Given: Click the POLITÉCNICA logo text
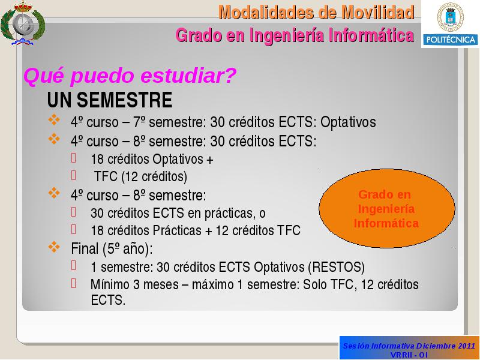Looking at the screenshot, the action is (x=451, y=40).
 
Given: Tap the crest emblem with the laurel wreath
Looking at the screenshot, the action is (x=23, y=23).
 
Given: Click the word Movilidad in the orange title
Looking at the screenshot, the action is (x=378, y=13).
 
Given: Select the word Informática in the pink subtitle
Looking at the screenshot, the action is (x=371, y=35).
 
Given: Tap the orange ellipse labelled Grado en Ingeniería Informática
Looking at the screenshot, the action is (x=386, y=208).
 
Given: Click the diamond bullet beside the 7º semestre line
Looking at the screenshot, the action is (x=54, y=119).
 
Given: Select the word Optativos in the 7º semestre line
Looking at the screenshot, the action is (x=348, y=122).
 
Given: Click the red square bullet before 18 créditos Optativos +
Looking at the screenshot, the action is (x=73, y=158).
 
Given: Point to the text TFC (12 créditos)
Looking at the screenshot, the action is (x=140, y=176).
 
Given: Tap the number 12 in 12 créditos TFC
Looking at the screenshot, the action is (x=222, y=230).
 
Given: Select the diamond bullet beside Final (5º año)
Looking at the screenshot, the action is (x=54, y=247).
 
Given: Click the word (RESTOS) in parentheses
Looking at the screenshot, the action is (x=337, y=267).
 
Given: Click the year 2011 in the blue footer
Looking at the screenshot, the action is (x=467, y=346).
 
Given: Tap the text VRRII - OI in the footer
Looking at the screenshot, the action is (x=409, y=355).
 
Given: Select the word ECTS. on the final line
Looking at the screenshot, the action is (x=108, y=300).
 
